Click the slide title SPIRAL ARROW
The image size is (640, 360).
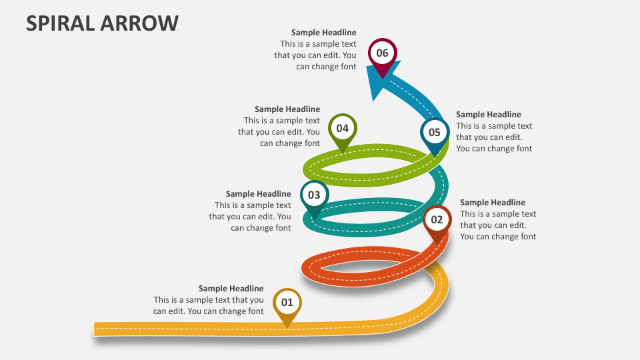(x=103, y=23)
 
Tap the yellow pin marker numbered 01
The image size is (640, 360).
(x=287, y=303)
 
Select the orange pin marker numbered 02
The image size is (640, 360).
(x=437, y=220)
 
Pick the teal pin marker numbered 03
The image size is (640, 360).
(x=314, y=196)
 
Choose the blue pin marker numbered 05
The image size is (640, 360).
(x=434, y=133)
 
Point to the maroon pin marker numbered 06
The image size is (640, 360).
(x=382, y=53)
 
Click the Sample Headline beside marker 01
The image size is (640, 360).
(x=231, y=289)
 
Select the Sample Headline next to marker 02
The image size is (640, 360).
(x=493, y=203)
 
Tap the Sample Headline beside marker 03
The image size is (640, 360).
(x=258, y=194)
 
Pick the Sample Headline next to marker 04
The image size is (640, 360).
(x=287, y=109)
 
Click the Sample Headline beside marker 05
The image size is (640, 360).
(x=489, y=115)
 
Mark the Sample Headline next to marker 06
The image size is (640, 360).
(x=323, y=33)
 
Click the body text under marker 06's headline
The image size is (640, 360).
(x=315, y=55)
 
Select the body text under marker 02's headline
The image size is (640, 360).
(x=498, y=225)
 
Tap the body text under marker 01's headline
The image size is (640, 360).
(x=209, y=305)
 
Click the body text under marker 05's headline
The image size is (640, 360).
(x=494, y=137)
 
